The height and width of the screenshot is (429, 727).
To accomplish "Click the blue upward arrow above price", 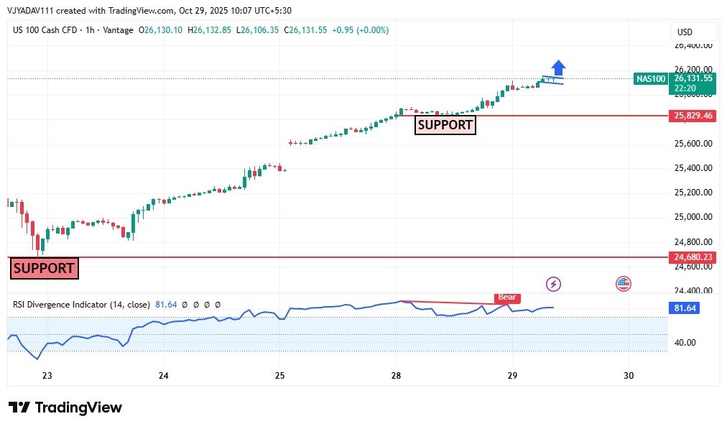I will click(558, 67).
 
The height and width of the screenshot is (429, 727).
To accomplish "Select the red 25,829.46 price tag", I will click(693, 115).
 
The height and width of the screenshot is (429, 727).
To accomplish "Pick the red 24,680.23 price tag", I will click(693, 257).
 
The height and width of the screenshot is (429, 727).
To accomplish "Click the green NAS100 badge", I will click(651, 78).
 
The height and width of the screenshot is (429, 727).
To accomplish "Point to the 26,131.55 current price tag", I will click(693, 78).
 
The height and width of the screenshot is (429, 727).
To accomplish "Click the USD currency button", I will click(685, 32).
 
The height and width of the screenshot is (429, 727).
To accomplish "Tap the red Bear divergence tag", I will click(506, 297).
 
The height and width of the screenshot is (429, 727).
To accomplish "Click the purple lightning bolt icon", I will click(554, 284).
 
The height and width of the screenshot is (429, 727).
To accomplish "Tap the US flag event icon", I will click(623, 284).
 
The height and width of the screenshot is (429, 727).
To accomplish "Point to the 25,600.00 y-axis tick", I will click(693, 144).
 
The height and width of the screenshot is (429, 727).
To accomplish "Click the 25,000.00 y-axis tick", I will click(693, 217).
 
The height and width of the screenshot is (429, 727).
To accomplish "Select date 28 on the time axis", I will click(396, 376).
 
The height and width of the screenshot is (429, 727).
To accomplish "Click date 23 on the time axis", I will click(47, 376).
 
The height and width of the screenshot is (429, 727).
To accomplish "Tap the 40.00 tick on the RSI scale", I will click(685, 343).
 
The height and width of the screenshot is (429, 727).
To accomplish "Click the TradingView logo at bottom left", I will click(65, 407).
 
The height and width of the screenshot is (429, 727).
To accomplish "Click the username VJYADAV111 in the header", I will click(34, 11).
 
